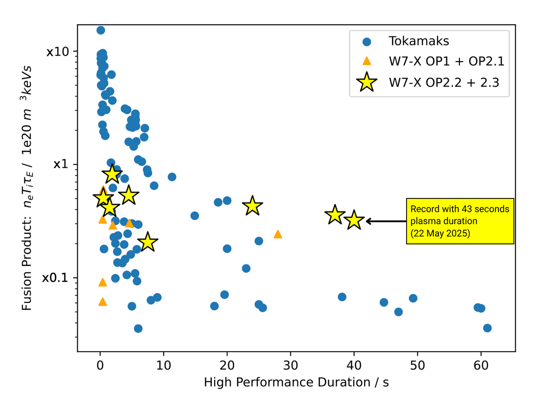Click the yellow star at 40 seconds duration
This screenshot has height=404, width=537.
pos(354,220)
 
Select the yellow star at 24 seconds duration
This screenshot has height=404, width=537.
pos(252,206)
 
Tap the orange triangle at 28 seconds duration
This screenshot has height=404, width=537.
pos(278,234)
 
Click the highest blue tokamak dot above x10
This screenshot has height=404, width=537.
pos(101,30)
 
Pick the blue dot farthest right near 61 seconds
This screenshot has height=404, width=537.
pos(487,328)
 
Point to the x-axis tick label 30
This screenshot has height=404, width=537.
pos(290,365)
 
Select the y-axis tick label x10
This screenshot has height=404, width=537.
pos(57,52)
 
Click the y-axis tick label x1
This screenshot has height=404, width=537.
pos(60,164)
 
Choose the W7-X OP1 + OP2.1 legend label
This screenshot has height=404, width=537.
pos(446,61)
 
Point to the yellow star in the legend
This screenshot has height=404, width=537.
pos(367,82)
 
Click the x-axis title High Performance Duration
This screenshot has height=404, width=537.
pos(296,382)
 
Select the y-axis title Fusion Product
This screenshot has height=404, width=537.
pos(27,188)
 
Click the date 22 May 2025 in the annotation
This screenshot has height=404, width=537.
pos(440,233)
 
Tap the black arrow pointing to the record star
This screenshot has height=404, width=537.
pos(386,221)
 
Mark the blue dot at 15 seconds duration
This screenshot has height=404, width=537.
pos(195,216)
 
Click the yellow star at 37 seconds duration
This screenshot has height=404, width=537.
pos(335,215)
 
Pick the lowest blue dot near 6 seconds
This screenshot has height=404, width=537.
pos(138,328)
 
